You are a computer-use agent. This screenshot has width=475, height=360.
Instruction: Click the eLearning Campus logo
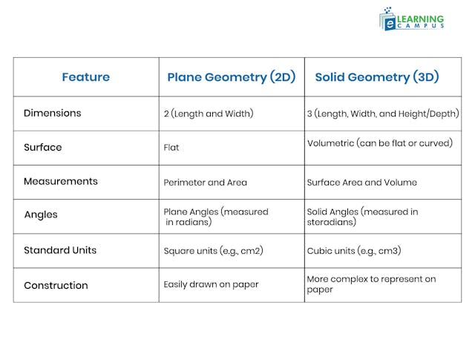click(412, 19)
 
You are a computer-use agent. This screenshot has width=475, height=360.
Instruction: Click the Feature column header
click(85, 77)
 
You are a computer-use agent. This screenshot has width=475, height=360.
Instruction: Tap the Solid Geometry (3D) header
click(377, 77)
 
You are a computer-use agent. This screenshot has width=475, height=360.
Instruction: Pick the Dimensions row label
click(53, 114)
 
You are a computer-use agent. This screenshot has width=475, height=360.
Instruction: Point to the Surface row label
click(43, 148)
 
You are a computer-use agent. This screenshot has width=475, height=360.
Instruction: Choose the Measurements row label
click(61, 182)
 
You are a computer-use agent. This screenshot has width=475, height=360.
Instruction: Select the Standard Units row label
click(60, 251)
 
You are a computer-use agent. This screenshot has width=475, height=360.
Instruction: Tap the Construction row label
click(56, 286)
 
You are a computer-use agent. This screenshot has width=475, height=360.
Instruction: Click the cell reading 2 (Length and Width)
click(209, 114)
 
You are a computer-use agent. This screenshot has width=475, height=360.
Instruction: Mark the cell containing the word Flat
click(171, 148)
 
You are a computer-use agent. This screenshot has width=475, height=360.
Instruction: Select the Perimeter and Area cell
click(206, 183)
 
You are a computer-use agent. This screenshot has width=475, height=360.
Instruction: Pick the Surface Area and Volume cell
click(362, 183)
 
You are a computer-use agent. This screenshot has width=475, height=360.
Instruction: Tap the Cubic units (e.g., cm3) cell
click(354, 251)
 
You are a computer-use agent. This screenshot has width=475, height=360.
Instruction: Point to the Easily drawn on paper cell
click(212, 285)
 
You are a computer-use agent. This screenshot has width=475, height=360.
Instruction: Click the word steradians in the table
click(332, 222)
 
